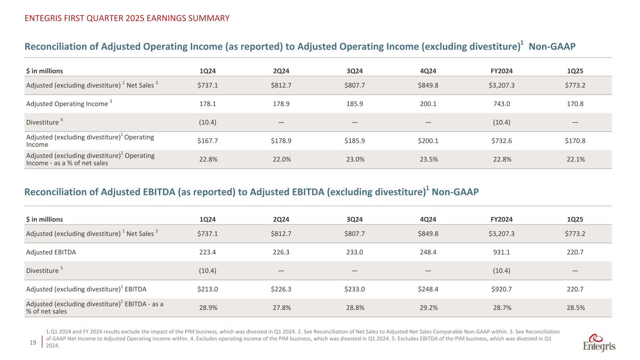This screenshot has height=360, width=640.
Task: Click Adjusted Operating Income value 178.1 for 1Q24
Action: pos(208,104)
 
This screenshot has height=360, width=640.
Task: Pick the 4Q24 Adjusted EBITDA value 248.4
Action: pos(428,252)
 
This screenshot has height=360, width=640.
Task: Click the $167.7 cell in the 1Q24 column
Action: pos(208,141)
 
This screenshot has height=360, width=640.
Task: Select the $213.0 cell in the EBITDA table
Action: pos(208,289)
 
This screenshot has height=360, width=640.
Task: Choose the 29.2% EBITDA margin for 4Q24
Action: pos(428,307)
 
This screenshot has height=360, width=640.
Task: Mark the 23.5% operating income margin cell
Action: pos(428,159)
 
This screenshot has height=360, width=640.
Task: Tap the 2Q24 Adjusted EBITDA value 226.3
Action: pos(281,252)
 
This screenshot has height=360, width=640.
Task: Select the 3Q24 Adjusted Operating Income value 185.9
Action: pos(355,104)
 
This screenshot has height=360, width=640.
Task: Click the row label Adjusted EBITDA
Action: pos(51,252)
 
